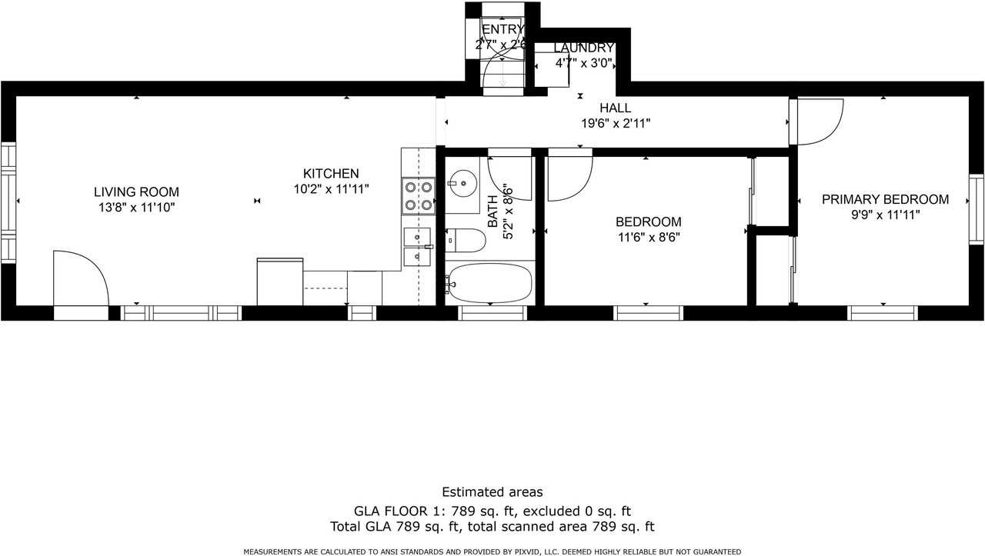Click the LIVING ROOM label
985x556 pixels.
coord(136,192)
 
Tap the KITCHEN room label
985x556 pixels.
coord(331,174)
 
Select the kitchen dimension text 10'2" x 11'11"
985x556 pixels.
coord(331,189)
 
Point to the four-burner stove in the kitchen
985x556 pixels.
coord(418,196)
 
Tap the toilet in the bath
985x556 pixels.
coord(466,241)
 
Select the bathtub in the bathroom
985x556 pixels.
coord(490,283)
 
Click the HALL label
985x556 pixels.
coord(615,108)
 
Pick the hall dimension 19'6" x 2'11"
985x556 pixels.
coord(616,124)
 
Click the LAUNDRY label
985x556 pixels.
coord(583,48)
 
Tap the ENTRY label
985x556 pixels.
coord(503,29)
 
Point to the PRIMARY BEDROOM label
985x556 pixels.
coord(885,199)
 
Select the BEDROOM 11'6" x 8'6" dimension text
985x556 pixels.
coord(649,238)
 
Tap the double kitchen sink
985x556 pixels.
coord(417,247)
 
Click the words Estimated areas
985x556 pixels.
coord(492,492)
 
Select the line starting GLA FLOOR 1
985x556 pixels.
coord(492,511)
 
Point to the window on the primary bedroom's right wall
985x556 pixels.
coord(977,209)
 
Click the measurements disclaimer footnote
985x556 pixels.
coord(492,551)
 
